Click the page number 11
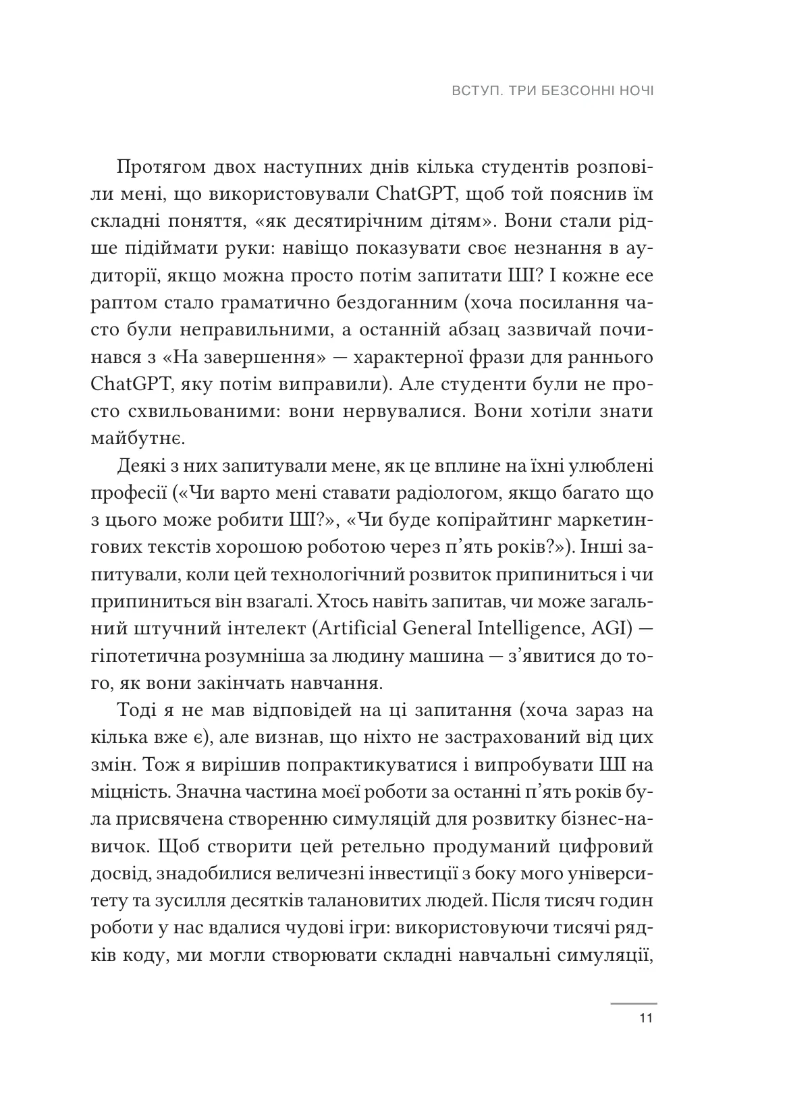(646, 1020)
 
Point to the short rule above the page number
(633, 1003)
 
